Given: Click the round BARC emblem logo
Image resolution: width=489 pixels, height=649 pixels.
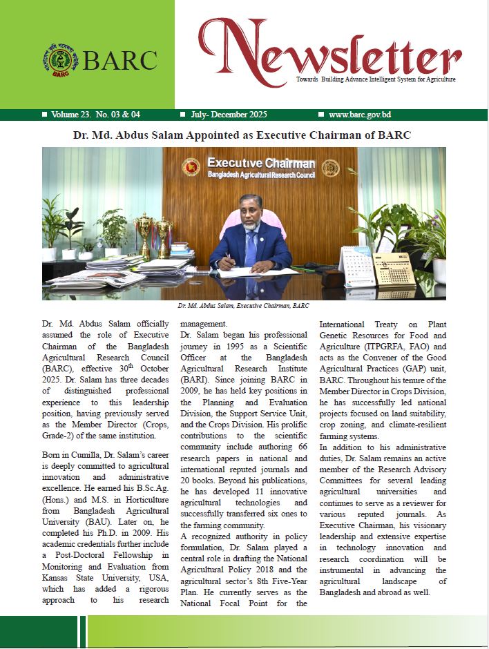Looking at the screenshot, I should (x=60, y=60).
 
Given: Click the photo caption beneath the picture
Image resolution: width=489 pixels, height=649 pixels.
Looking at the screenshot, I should (x=243, y=305).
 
